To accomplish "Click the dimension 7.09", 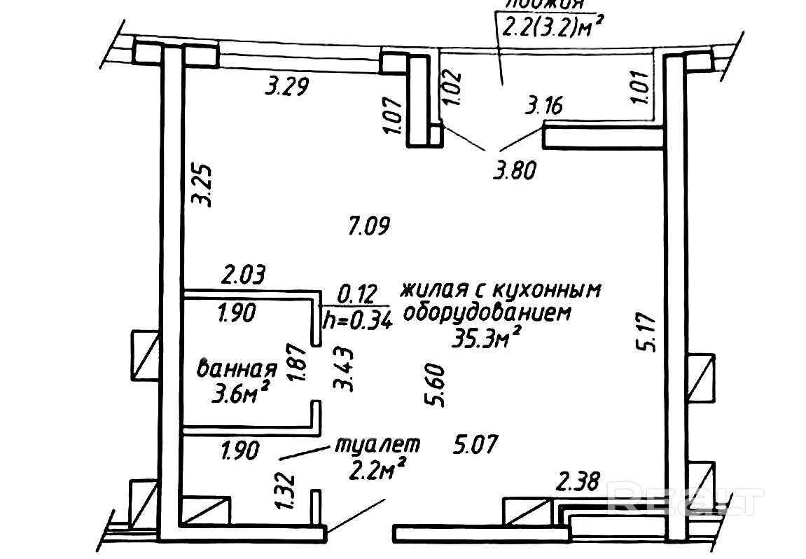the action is [368, 226].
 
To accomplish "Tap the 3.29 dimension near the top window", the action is [287, 88].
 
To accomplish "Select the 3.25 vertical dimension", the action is [203, 185].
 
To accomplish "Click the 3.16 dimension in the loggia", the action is [544, 106].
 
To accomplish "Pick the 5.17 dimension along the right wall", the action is [650, 333].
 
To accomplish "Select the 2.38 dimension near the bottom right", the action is [578, 483].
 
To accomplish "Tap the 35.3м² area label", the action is [488, 340].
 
